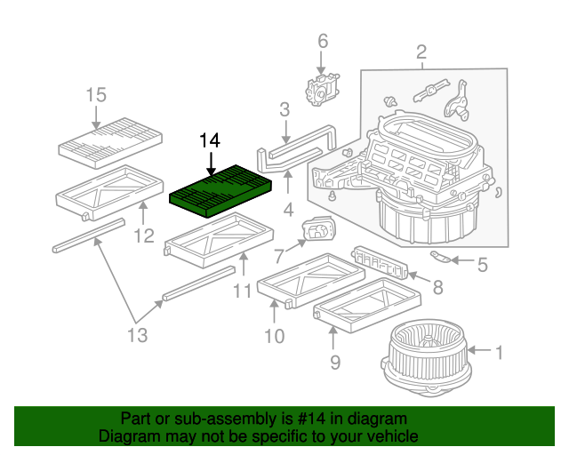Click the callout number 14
pos(209,140)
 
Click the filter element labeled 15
pos(111,141)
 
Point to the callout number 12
pos(144,235)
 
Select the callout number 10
pos(274,336)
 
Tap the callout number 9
pos(335,361)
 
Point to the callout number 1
pos(499,353)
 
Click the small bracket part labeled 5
pos(441,258)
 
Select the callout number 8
pos(437,286)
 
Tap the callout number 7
pos(278,257)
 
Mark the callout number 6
pos(322,41)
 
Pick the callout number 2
pos(421,52)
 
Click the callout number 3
pos(284,110)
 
